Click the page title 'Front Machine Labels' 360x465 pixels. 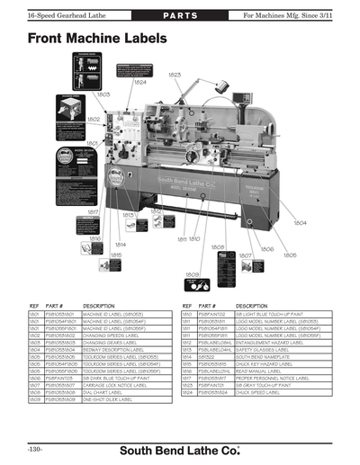coord(96,40)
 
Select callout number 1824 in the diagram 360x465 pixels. coord(139,82)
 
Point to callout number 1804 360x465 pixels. coord(300,222)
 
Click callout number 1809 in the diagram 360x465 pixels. coord(192,274)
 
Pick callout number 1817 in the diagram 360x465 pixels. coord(93,211)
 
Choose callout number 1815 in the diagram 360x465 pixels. coord(115,255)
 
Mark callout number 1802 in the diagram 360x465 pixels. coord(94,119)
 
